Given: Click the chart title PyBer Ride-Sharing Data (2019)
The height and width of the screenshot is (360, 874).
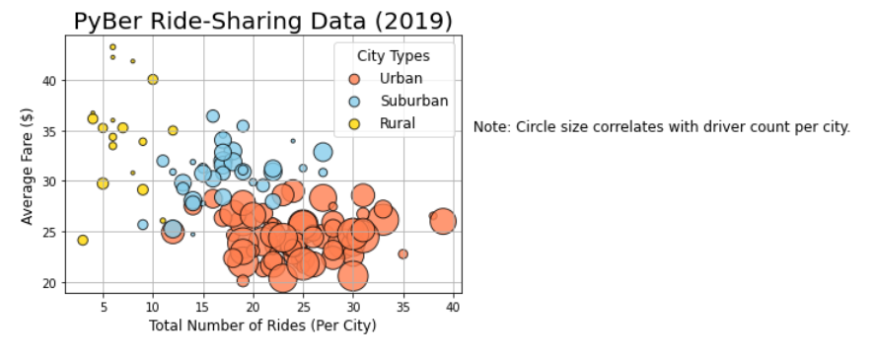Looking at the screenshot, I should tap(263, 21).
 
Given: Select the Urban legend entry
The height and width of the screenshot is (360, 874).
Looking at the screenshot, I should tap(401, 78).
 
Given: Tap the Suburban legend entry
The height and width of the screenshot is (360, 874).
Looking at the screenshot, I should tap(413, 101).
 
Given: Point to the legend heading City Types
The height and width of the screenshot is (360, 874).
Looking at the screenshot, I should tap(393, 56).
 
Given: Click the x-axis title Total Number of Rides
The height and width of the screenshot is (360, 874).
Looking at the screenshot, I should tap(262, 326).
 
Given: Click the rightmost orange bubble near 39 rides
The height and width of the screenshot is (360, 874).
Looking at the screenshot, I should tap(443, 222).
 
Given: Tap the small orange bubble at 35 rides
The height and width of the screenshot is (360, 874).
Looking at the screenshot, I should tap(402, 253).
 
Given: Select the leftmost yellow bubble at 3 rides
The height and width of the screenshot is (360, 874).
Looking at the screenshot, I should tap(83, 240).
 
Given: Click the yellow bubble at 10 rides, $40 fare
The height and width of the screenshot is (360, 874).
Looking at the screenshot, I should tap(153, 79).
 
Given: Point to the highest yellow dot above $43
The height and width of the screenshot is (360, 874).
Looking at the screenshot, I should tap(112, 46).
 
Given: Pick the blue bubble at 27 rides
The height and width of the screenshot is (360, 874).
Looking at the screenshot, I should tap(323, 152).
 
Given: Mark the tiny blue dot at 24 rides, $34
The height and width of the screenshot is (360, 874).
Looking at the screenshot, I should tap(293, 141).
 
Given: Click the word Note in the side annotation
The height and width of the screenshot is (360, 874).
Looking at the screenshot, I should tap(490, 127).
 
